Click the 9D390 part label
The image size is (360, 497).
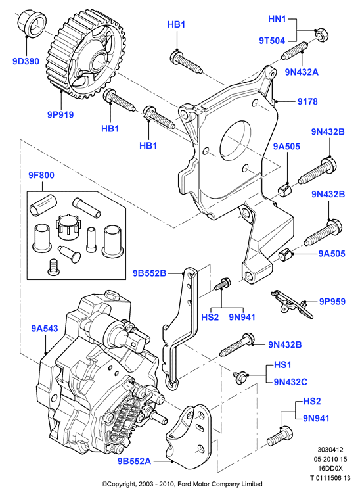pyautogui.click(x=26, y=61)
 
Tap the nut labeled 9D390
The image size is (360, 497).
pyautogui.click(x=31, y=23)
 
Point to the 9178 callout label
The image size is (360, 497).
pyautogui.click(x=307, y=101)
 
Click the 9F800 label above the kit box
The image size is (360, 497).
pyautogui.click(x=41, y=176)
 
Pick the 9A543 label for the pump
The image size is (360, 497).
pyautogui.click(x=45, y=329)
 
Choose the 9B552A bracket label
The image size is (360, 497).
pyautogui.click(x=135, y=461)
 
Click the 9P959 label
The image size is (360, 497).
pyautogui.click(x=332, y=302)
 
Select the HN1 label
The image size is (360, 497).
pyautogui.click(x=277, y=19)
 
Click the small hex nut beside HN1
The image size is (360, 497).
pyautogui.click(x=321, y=35)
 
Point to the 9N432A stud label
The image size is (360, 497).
pyautogui.click(x=302, y=72)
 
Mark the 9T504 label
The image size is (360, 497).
pyautogui.click(x=272, y=41)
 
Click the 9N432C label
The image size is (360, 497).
pyautogui.click(x=290, y=381)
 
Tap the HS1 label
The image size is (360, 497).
pyautogui.click(x=282, y=365)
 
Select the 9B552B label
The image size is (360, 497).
pyautogui.click(x=149, y=273)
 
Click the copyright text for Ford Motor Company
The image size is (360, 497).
pyautogui.click(x=182, y=484)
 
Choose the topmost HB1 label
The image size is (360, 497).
pyautogui.click(x=176, y=24)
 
